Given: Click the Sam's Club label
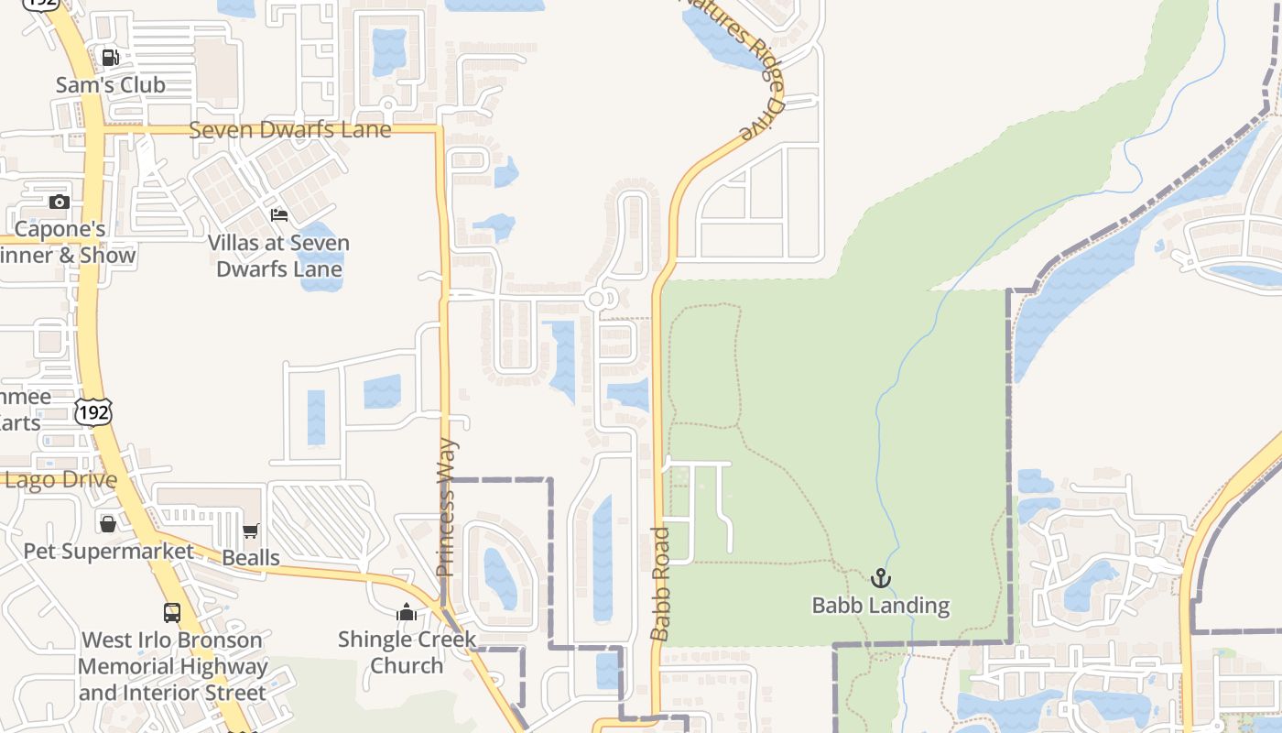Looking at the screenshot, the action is tap(110, 85).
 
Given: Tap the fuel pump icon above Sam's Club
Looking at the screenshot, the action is tap(110, 58).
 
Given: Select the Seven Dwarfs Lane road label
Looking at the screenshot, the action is tap(290, 130).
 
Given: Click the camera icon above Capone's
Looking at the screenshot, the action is tap(60, 202).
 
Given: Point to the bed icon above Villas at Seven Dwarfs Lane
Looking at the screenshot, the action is tap(279, 215).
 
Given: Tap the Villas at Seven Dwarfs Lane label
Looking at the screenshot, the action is tap(279, 257).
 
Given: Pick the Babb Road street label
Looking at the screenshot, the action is tap(660, 584).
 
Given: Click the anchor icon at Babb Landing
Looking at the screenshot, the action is tap(880, 578).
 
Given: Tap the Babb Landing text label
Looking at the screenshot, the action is tap(880, 606).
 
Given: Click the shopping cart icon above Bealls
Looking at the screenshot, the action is tap(251, 531).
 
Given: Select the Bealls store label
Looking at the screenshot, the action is tap(251, 557).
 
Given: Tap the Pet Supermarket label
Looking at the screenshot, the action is tap(108, 552).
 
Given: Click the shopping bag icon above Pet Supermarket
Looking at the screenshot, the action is tap(108, 524).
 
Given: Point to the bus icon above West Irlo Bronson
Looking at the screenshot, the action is tap(172, 613).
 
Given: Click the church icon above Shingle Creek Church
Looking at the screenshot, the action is tap(407, 612).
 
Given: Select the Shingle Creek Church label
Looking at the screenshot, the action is tap(407, 651).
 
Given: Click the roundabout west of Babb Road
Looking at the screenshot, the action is tap(597, 299).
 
